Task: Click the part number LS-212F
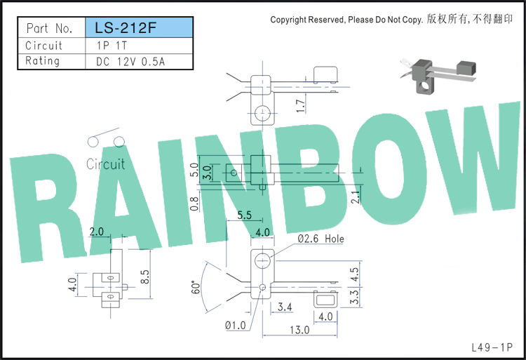(126, 28)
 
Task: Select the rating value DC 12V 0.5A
(130, 62)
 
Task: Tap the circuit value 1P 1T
(112, 46)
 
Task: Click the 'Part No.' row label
(49, 29)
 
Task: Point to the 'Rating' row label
(42, 61)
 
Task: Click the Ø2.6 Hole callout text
(321, 239)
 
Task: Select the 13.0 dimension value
(299, 330)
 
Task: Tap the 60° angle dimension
(196, 287)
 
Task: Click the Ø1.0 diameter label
(236, 326)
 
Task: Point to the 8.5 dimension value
(145, 276)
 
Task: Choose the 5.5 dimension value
(244, 215)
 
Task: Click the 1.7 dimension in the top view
(301, 106)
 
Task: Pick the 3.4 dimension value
(285, 307)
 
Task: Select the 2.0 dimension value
(96, 232)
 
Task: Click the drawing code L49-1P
(492, 347)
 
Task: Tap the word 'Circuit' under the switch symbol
(106, 164)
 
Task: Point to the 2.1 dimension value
(356, 197)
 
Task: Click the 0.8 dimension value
(194, 204)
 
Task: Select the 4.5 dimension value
(354, 274)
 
